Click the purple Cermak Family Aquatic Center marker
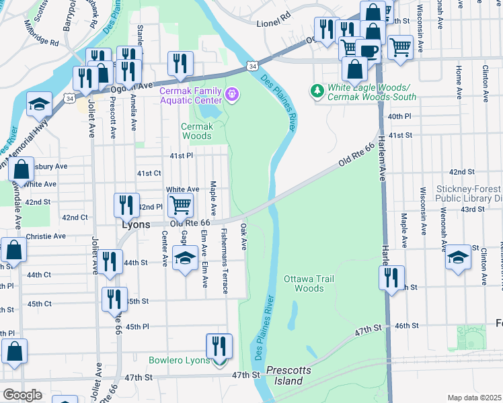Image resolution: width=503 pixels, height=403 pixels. point(233,95)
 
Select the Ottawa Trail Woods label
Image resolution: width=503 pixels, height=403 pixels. point(309,283)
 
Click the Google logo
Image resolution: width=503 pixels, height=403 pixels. point(22,395)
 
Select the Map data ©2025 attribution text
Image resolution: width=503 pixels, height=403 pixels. point(474,398)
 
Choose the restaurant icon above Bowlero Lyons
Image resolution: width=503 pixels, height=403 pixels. point(219,345)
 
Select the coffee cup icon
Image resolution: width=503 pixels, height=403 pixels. point(367,50)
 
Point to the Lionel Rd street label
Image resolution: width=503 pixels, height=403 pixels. point(273,23)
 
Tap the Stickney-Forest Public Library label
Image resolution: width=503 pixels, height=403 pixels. point(469,193)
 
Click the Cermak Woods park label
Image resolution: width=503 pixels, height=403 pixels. point(197,131)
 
